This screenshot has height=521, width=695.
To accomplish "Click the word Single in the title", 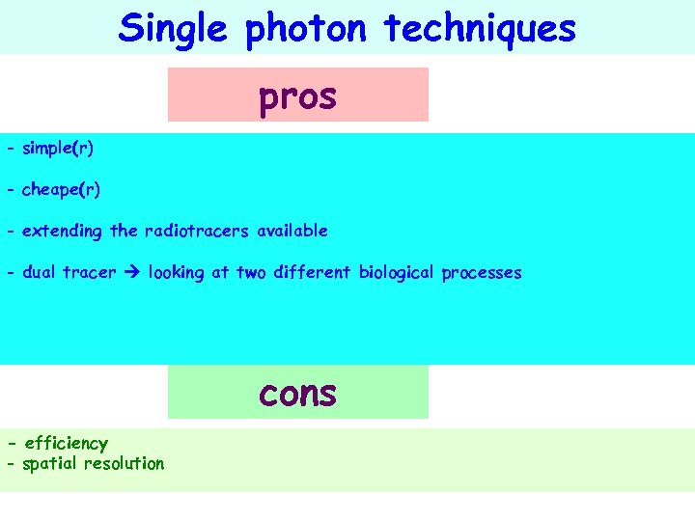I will tap(172, 29).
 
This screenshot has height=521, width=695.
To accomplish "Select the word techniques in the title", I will tap(480, 29).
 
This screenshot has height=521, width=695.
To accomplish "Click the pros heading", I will tap(297, 97).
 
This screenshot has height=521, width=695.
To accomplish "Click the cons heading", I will tap(297, 393).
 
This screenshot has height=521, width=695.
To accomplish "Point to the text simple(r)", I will tap(58, 149).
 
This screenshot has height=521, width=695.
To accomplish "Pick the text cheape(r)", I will tap(61, 190).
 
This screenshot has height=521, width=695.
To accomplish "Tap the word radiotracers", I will tap(196, 232).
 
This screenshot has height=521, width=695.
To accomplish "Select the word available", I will tap(292, 232).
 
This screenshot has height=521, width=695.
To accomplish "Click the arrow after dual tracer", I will tap(131, 273).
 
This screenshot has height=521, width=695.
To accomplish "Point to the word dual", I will tap(39, 273).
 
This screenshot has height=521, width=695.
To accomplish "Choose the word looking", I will tap(176, 274).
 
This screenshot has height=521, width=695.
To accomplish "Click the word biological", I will tap(397, 274).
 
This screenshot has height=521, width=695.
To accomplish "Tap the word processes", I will tap(482, 274).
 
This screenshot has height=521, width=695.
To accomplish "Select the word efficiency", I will tap(67, 444).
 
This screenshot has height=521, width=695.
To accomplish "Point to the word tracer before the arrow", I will tap(89, 273).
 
